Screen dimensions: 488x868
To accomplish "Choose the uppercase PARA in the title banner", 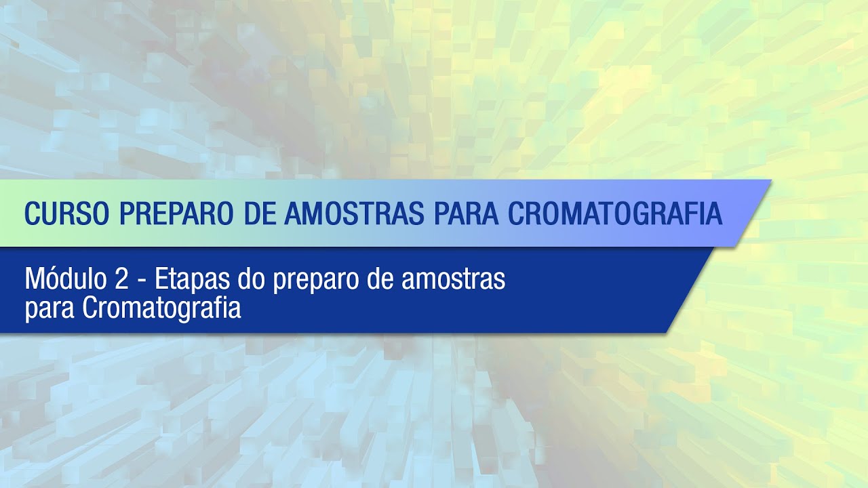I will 463,213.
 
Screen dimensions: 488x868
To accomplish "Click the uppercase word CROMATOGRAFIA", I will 615,213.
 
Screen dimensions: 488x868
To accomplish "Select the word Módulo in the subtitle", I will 62,279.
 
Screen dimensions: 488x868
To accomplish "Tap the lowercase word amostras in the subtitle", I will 453,279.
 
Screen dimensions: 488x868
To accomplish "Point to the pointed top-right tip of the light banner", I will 770,181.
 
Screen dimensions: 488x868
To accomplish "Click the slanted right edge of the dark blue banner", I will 690,290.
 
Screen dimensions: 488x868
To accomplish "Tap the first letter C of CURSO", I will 32,213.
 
